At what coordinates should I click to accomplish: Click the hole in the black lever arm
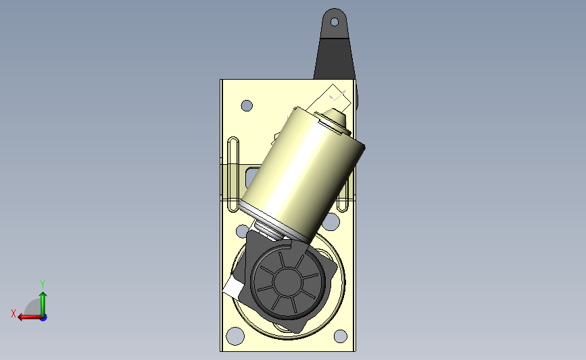point(335,22)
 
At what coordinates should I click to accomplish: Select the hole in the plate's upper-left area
point(247,105)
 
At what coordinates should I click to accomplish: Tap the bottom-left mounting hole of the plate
point(235,336)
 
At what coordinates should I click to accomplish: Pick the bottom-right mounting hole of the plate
point(340,336)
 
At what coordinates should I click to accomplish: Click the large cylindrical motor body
point(302,174)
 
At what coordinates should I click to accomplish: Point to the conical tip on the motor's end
point(336,117)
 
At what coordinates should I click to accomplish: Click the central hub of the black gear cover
point(287,281)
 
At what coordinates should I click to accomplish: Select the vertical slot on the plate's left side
point(233,174)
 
